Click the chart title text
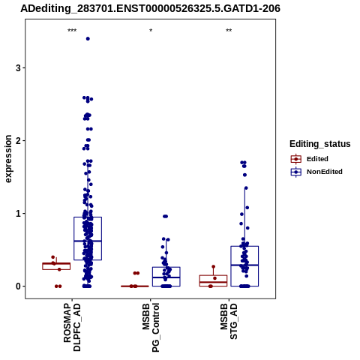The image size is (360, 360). click(150, 8)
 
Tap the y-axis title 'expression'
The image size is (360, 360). click(8, 159)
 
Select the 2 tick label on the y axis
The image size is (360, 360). click(18, 141)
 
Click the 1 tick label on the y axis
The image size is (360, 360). click(18, 214)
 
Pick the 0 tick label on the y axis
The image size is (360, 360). click(18, 286)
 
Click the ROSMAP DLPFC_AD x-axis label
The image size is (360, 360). click(72, 328)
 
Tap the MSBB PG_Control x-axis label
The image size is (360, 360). click(151, 328)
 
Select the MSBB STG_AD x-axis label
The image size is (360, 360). click(229, 322)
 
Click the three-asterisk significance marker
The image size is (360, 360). click(72, 31)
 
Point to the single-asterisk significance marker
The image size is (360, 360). click(151, 31)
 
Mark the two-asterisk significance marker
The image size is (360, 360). click(229, 31)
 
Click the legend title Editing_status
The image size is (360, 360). click(320, 144)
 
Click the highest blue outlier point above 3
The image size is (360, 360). click(88, 39)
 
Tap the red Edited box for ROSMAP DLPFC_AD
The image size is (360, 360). click(56, 266)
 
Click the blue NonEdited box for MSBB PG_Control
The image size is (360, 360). click(166, 277)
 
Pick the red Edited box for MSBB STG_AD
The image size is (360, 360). click(213, 280)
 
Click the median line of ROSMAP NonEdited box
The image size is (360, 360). click(88, 241)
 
